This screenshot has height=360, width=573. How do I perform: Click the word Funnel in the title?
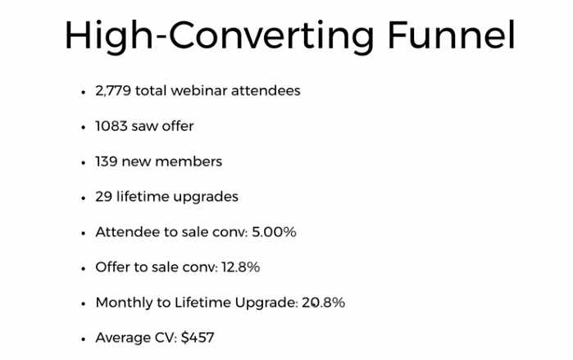click(451, 35)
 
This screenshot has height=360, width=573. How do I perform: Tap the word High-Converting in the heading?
click(219, 37)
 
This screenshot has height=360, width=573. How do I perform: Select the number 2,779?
click(113, 91)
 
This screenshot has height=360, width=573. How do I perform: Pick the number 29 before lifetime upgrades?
click(103, 197)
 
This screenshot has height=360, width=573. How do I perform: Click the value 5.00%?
click(274, 232)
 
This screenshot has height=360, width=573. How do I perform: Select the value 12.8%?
click(240, 267)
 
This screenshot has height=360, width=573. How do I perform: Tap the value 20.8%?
click(323, 303)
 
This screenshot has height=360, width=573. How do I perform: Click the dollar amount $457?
click(198, 337)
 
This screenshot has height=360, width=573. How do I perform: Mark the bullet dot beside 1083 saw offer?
click(84, 127)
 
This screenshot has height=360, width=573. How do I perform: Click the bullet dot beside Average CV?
click(84, 339)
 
